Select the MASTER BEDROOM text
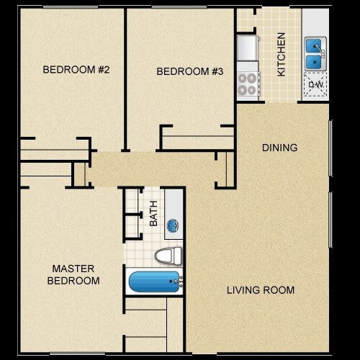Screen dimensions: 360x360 (x=73, y=274)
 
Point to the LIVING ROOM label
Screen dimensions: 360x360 (x=260, y=290)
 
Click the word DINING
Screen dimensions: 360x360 (x=279, y=148)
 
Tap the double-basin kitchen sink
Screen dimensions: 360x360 (x=315, y=55)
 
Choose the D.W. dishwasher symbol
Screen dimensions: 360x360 (x=315, y=86)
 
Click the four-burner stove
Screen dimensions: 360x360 (x=247, y=79)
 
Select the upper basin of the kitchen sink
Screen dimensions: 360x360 (x=314, y=46)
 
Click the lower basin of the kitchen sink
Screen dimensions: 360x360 (x=314, y=63)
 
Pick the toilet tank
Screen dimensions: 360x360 (x=179, y=256)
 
